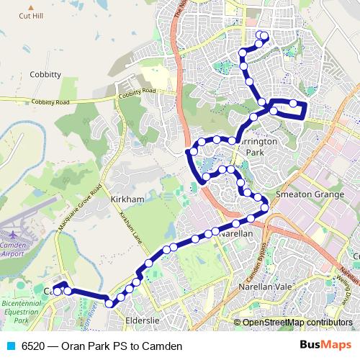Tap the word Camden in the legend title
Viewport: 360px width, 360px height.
click(x=162, y=346)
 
